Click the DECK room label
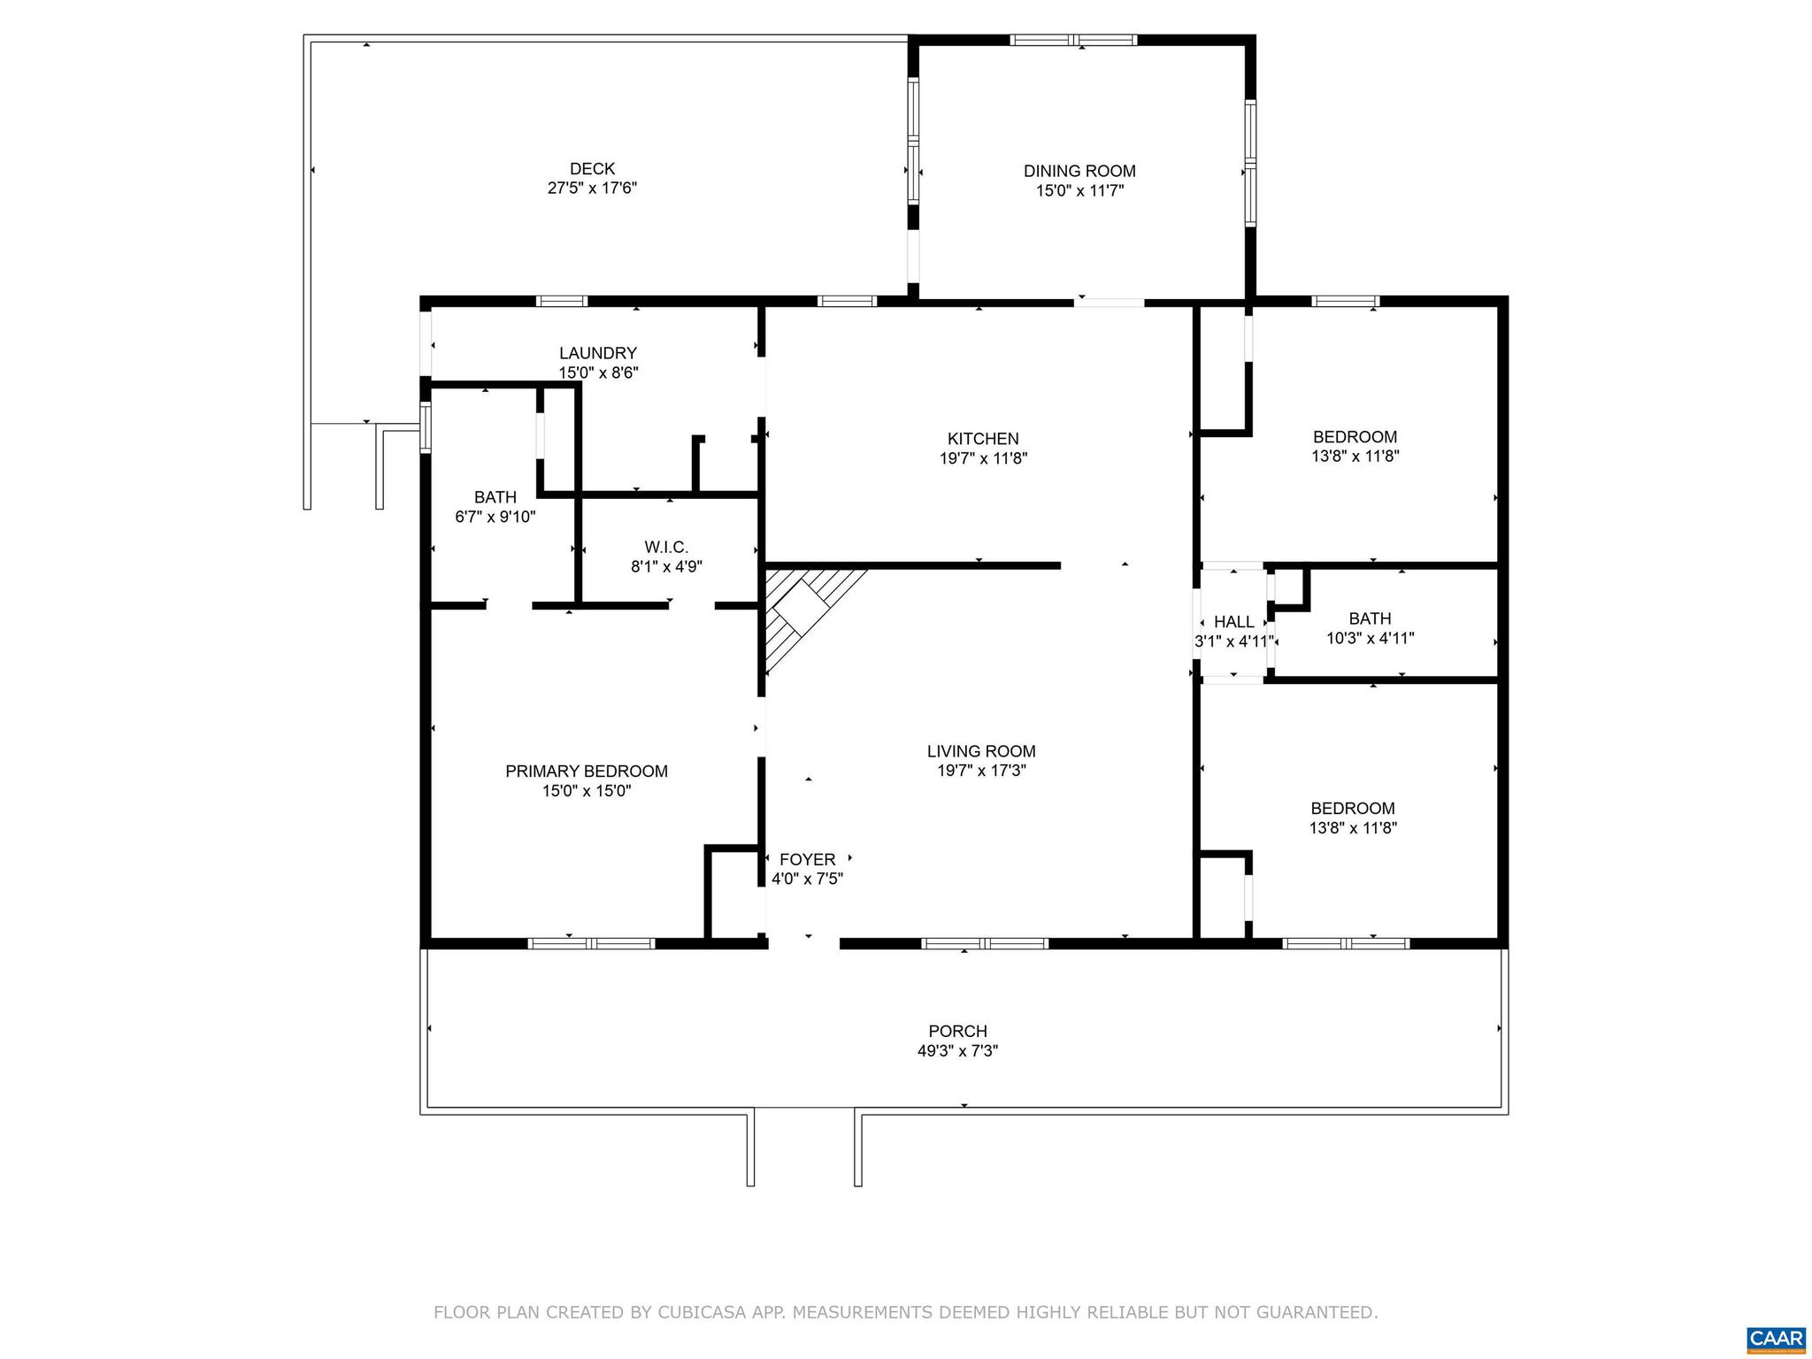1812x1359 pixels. coord(592,168)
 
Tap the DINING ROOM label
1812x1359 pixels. coord(1079,171)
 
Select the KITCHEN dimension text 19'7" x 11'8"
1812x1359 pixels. coord(983,458)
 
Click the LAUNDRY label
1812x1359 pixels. coord(597,353)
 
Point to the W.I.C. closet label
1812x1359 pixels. coord(666,548)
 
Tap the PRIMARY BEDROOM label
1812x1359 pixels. coord(586,772)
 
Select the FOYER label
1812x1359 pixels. coord(807,859)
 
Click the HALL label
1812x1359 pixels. coord(1233,622)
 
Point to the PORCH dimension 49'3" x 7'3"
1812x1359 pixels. coord(957,1051)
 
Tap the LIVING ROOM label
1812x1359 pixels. coord(980,751)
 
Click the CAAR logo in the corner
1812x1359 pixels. coord(1775,1339)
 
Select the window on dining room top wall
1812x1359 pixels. coord(1073,40)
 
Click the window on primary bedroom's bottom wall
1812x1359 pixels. coord(591,943)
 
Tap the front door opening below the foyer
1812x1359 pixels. coord(803,943)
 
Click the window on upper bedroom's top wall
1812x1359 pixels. coord(1345,301)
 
